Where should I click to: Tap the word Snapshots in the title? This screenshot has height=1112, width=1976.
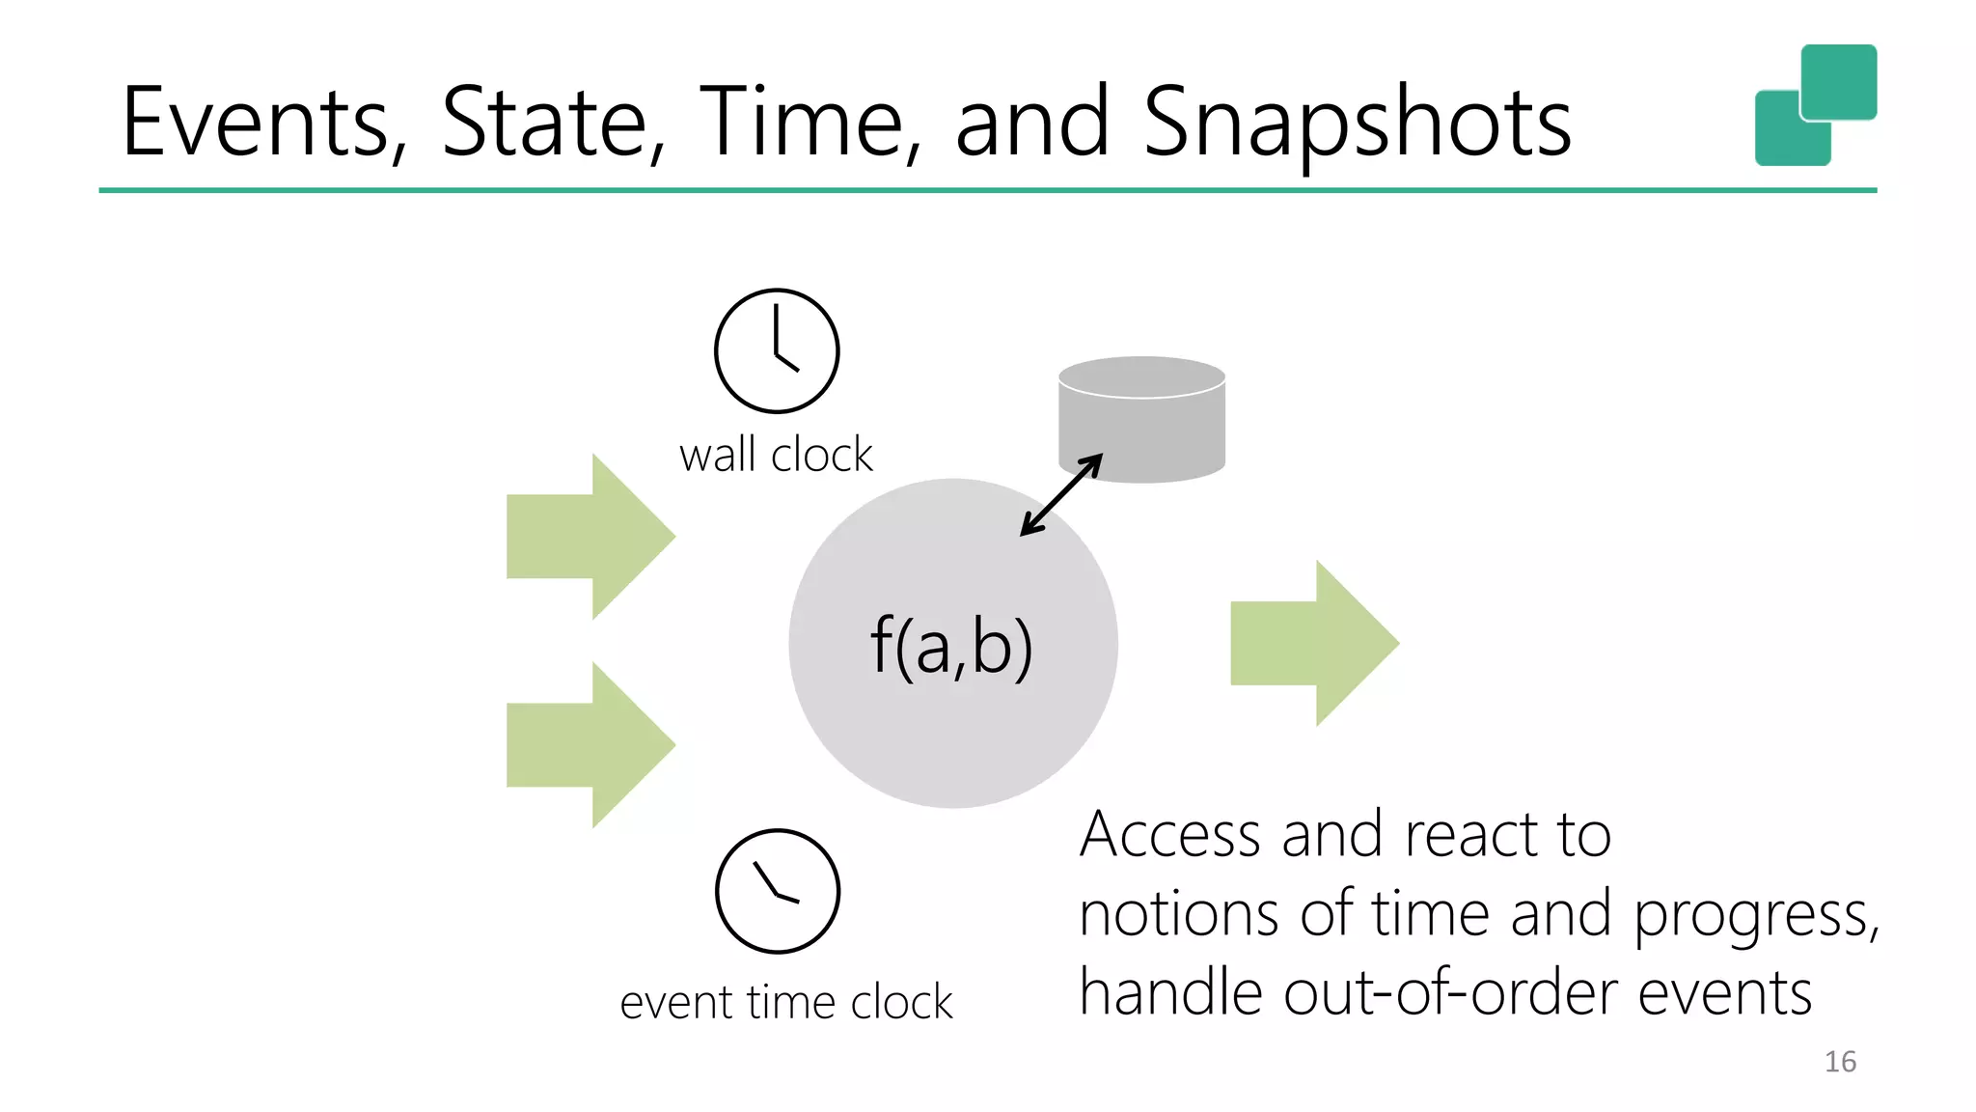coord(1357,122)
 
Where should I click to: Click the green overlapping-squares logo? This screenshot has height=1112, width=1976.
coord(1815,104)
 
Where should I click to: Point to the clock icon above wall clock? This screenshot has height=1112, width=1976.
coord(777,351)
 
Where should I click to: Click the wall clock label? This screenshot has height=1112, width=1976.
coord(776,455)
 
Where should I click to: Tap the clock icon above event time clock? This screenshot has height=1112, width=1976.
coord(778,891)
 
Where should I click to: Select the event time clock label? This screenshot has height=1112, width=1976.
coord(785,1002)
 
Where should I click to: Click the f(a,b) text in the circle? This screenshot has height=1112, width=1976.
coord(951,645)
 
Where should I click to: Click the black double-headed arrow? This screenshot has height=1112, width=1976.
coord(1061,494)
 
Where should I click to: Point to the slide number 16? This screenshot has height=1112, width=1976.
coord(1840,1062)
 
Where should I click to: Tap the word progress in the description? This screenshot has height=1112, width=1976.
coord(1754,915)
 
